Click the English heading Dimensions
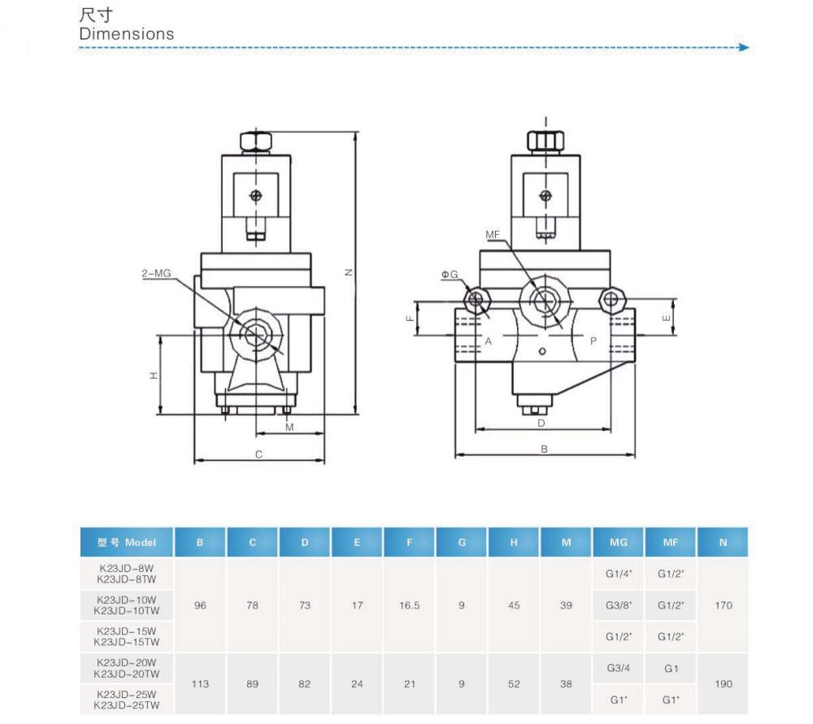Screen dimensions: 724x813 pos(127,34)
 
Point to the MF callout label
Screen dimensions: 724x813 pos(493,234)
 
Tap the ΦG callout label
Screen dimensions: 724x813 pos(450,275)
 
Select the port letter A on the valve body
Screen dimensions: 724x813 pos(489,341)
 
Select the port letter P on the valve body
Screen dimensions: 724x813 pos(593,341)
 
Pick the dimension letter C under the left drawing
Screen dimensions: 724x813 pos(259,454)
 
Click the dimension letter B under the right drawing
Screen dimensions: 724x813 pos(545,449)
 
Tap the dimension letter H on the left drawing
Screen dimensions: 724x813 pos(153,375)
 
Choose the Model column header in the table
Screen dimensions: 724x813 pos(126,543)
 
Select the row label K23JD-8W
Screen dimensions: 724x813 pos(126,568)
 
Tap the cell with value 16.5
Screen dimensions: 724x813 pos(409,605)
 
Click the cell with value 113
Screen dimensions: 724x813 pos(200,683)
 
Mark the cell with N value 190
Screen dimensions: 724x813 pos(723,683)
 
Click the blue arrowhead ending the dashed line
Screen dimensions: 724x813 pos(742,48)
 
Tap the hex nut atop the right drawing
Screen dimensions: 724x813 pos(545,140)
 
